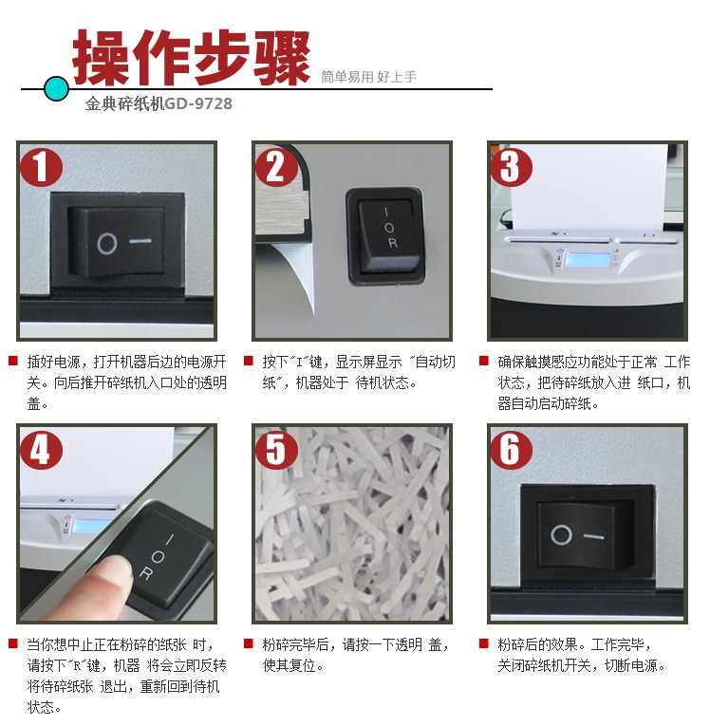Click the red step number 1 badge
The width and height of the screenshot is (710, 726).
point(41,167)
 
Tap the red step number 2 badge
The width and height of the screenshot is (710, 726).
point(276,167)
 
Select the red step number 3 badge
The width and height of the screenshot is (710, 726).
point(512,167)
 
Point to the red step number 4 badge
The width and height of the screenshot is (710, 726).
point(41,450)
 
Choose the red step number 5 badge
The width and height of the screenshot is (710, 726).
point(276,450)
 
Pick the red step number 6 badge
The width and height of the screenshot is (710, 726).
point(512,450)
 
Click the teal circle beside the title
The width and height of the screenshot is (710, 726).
point(57,88)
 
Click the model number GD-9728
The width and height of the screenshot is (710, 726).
point(198,103)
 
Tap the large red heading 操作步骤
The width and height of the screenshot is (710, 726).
point(192,57)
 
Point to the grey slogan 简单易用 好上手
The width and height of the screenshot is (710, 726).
point(368,77)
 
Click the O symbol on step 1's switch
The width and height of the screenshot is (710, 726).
point(107,244)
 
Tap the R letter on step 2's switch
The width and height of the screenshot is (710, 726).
point(393,243)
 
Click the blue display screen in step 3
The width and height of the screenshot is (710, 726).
point(589,260)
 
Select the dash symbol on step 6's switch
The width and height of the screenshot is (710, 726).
point(594,537)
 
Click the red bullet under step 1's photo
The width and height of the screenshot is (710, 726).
point(13,361)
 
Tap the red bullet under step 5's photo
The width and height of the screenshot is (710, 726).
point(249,643)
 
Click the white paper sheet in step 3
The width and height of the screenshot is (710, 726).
point(589,188)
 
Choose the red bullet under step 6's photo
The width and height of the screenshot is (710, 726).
point(484,643)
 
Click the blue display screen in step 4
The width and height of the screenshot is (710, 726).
point(91,526)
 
